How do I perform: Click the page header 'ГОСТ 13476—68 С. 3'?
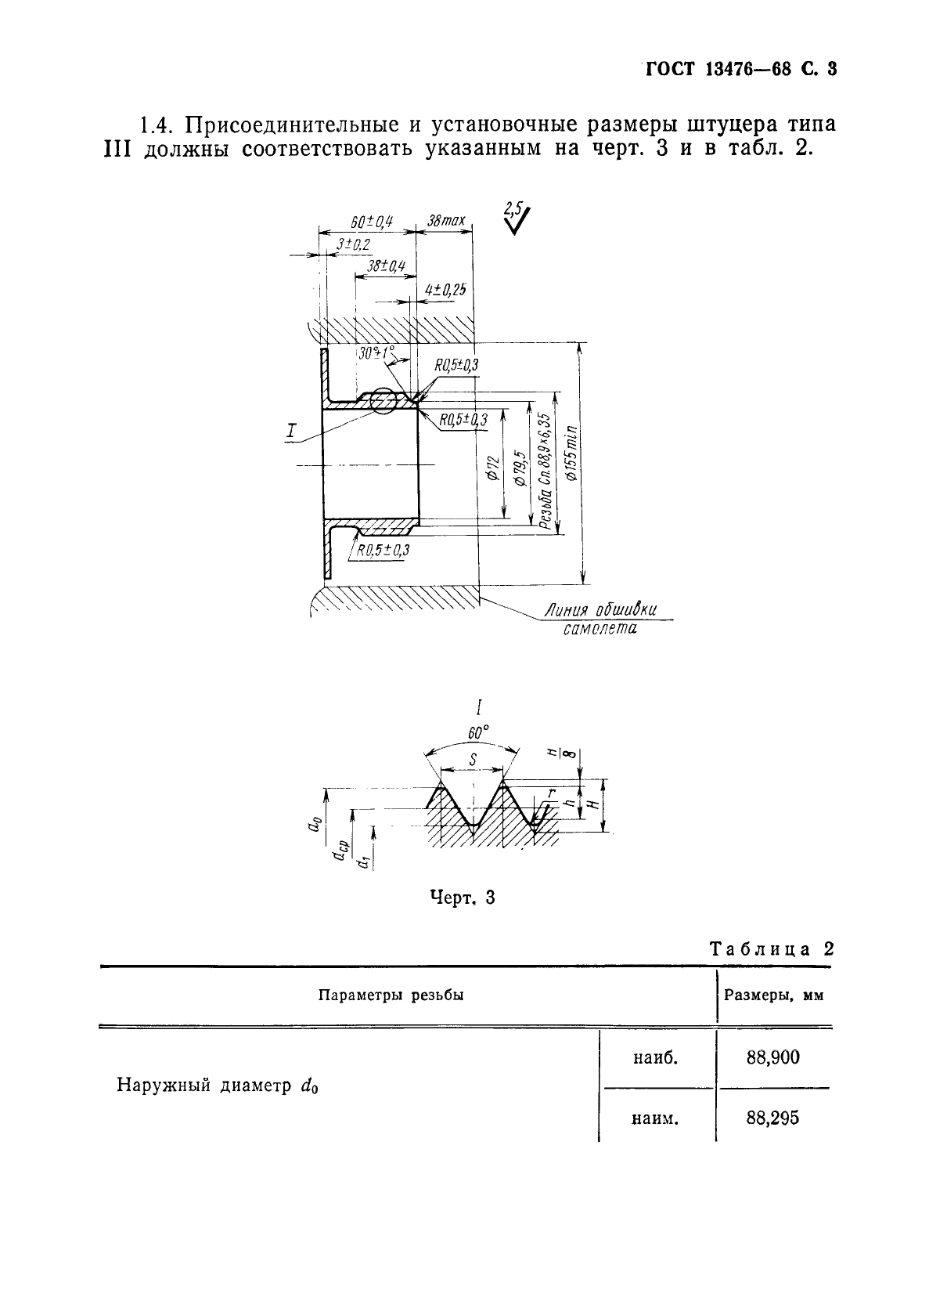tap(740, 69)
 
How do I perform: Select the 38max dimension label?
tap(445, 221)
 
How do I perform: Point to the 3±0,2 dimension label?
tap(353, 245)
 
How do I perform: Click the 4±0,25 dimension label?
tap(445, 291)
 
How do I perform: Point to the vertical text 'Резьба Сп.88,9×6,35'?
tap(546, 470)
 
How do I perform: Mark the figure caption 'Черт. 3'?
tap(463, 898)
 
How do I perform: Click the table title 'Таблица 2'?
tap(770, 949)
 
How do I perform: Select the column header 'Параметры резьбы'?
tap(391, 995)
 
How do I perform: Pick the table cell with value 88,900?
tap(773, 1057)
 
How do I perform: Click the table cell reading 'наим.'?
tap(654, 1118)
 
